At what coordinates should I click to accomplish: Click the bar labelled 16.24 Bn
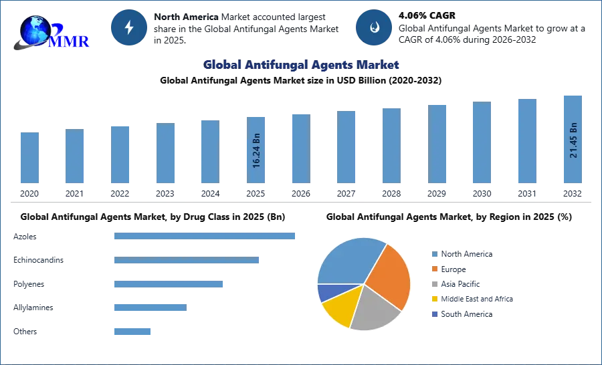click(x=256, y=150)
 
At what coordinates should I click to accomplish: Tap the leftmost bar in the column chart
click(x=29, y=157)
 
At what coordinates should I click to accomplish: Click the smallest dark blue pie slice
click(x=326, y=291)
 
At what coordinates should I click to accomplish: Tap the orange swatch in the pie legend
click(x=433, y=269)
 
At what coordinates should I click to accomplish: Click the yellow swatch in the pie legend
click(x=433, y=299)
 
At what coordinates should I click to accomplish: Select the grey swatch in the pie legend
click(x=433, y=284)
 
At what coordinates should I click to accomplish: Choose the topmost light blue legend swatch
click(x=433, y=254)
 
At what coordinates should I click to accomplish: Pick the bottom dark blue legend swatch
click(x=433, y=314)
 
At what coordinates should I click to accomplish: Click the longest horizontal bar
click(x=205, y=235)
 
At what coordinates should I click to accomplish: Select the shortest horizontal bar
click(x=133, y=331)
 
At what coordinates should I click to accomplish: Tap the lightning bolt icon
click(x=128, y=27)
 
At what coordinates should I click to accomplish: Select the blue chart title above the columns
click(x=302, y=65)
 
